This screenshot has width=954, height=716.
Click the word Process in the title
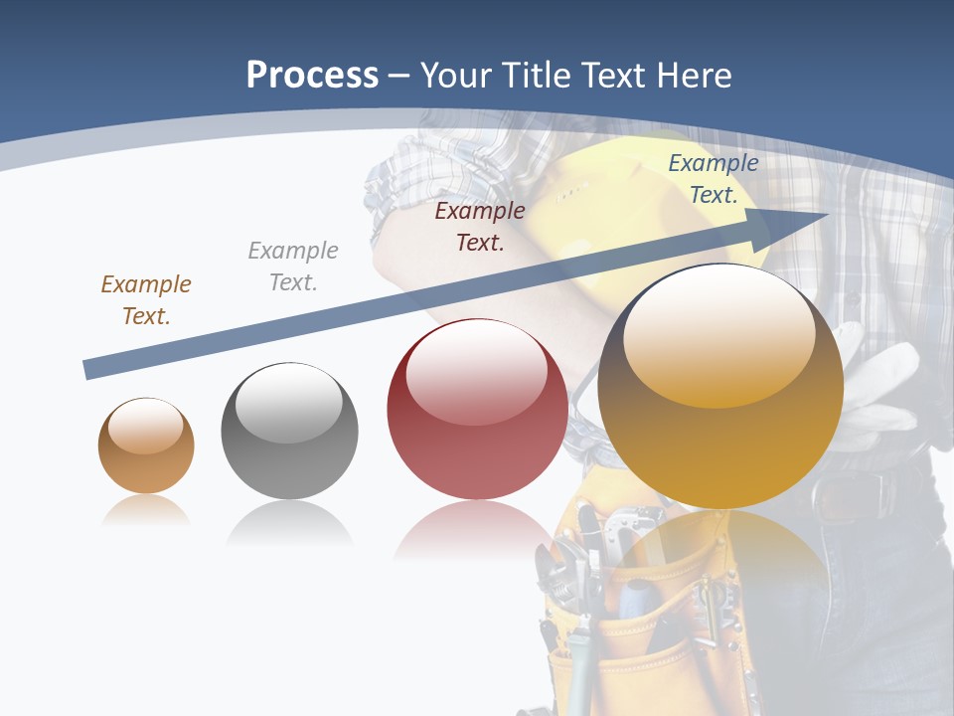312,75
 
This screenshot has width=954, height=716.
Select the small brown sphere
146,447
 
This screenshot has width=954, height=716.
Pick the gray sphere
289,432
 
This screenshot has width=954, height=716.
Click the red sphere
477,410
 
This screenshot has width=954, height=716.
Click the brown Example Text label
146,300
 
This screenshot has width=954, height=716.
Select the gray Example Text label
293,267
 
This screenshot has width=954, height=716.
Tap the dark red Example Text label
480,227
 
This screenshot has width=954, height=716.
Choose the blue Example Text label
713,179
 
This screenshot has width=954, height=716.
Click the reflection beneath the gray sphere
289,521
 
